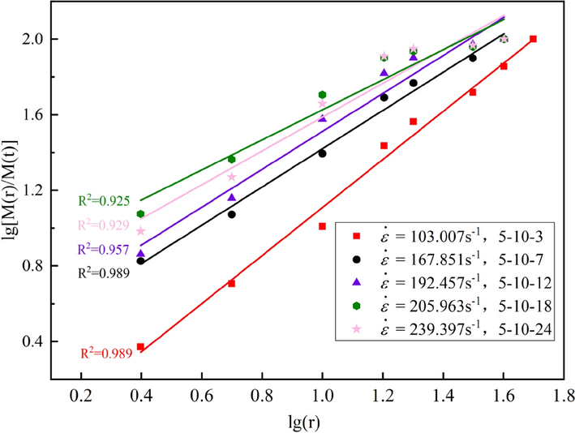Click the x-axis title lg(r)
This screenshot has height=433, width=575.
tap(311, 422)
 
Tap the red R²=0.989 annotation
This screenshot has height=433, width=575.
tap(105, 354)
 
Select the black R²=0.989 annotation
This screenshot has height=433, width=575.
tap(103, 274)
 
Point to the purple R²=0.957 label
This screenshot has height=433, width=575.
tap(103, 249)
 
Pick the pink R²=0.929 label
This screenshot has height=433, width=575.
tap(103, 225)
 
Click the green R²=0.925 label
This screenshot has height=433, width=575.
tap(103, 199)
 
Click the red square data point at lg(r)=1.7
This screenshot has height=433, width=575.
tap(533, 39)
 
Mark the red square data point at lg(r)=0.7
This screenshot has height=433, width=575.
tap(231, 283)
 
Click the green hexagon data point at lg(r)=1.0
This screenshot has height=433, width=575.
tap(322, 95)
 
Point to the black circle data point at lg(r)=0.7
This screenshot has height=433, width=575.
tap(231, 214)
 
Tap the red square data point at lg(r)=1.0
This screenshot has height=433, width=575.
tap(322, 226)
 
